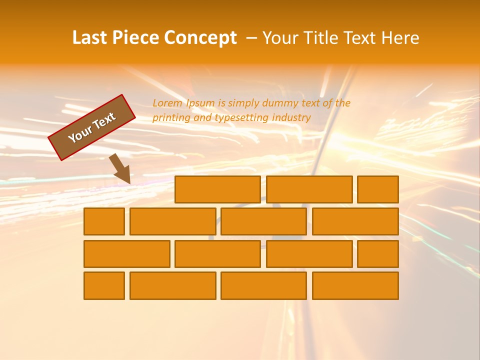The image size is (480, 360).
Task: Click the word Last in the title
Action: pos(90,38)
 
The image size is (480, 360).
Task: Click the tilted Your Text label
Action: pos(92,127)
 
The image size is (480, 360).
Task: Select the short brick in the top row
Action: pos(378,189)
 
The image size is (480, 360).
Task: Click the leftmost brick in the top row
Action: pos(217,189)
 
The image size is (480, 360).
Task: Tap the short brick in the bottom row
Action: pos(104,285)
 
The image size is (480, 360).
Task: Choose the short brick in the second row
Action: pos(104,221)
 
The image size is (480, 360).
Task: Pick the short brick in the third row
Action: pos(378,253)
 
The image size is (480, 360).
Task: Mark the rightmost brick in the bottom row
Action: pos(355,285)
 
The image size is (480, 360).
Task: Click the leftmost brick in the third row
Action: pos(126,253)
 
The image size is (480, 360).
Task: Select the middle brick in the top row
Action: pos(309,189)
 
